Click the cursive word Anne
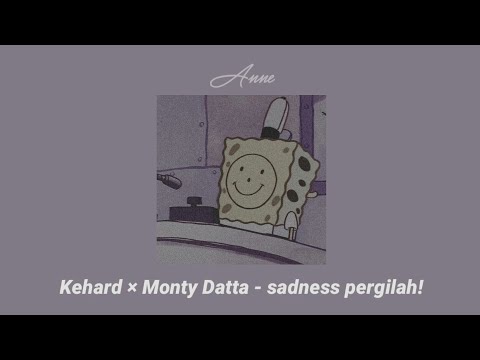pyautogui.click(x=241, y=77)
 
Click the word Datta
pyautogui.click(x=232, y=288)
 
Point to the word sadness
pyautogui.click(x=308, y=288)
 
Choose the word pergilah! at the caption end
pyautogui.click(x=385, y=289)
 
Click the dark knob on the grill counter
pyautogui.click(x=189, y=205)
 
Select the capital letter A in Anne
pyautogui.click(x=220, y=77)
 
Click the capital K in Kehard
pyautogui.click(x=63, y=288)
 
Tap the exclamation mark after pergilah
pyautogui.click(x=420, y=288)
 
